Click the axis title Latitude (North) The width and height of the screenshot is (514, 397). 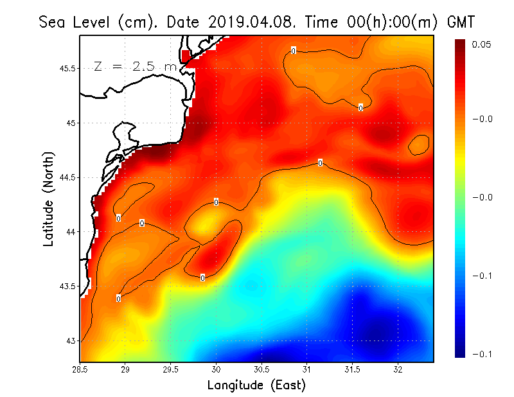click(x=49, y=198)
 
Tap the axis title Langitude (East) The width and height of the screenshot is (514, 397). click(x=256, y=385)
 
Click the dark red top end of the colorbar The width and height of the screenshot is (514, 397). click(x=461, y=43)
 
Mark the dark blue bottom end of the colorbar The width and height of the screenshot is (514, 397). click(x=461, y=353)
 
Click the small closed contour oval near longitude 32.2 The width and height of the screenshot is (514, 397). click(x=419, y=145)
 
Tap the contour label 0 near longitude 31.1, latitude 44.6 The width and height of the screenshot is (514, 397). click(x=320, y=163)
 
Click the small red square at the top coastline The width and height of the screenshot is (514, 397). click(x=186, y=56)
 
